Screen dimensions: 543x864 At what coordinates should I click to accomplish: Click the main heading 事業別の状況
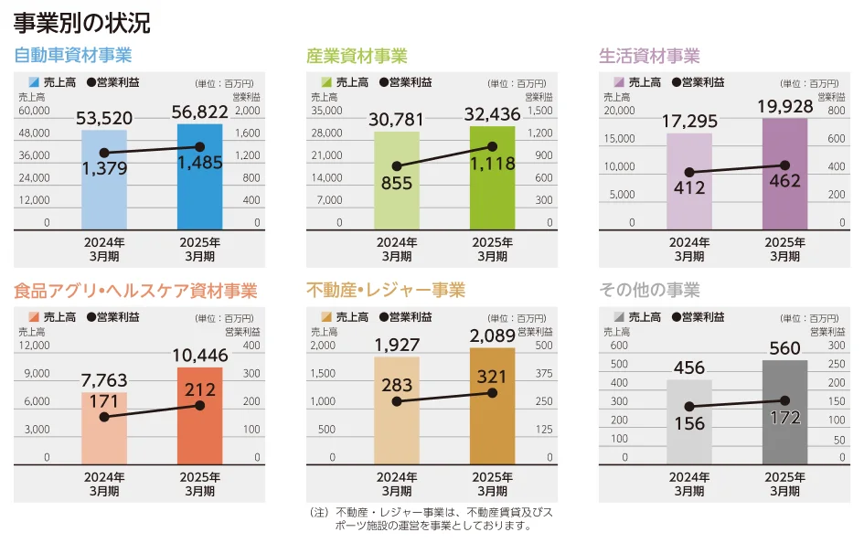click(x=82, y=22)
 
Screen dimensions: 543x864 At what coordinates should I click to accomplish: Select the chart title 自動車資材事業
click(x=73, y=56)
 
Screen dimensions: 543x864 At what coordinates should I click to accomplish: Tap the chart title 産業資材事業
click(x=357, y=56)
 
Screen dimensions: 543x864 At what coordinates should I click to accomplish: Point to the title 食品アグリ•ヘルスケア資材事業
click(x=135, y=291)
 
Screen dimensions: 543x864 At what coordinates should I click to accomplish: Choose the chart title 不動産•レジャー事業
click(x=386, y=291)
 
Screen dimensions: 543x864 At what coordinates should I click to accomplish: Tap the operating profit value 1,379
click(x=104, y=169)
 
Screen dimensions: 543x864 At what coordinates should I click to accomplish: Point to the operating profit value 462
click(x=784, y=181)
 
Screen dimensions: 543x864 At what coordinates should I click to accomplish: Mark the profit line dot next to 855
click(x=397, y=166)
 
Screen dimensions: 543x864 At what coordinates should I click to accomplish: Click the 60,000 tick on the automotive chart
click(x=35, y=111)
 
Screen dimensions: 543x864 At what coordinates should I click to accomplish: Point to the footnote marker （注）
click(x=319, y=513)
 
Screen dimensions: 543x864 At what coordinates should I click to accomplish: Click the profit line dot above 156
click(x=688, y=407)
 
